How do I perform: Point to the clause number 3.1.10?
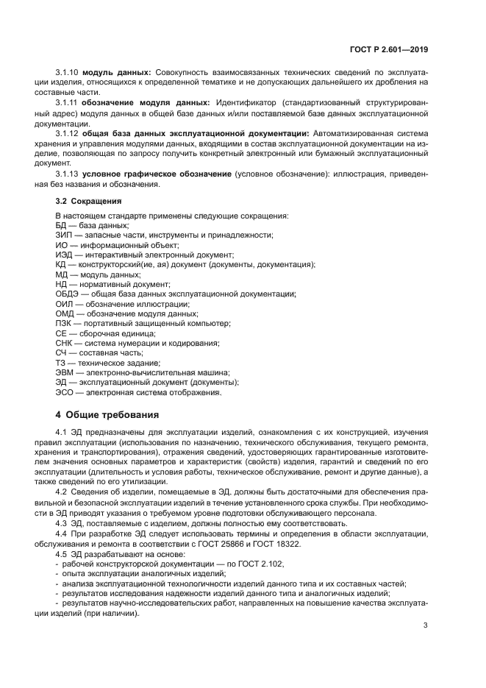68,72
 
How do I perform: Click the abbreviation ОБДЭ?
68,294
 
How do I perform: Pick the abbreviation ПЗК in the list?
64,324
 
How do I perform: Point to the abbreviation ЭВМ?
65,373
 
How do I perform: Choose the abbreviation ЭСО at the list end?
65,393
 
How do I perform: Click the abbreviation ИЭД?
65,255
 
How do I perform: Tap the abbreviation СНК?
65,344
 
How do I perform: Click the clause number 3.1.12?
68,132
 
